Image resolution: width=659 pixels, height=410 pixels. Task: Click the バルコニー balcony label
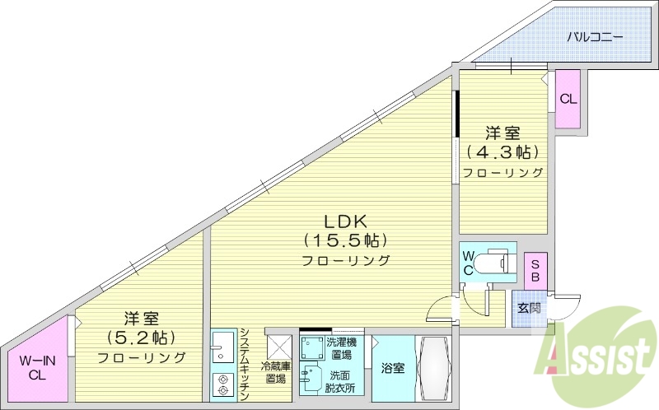click(595, 37)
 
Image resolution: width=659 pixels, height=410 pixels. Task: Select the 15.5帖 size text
click(344, 240)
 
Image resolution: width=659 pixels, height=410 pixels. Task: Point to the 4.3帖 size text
click(502, 152)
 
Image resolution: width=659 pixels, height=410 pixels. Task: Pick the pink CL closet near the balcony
click(568, 99)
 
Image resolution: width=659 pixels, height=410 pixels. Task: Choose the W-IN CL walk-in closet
click(37, 367)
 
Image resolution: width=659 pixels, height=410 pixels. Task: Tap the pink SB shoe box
click(535, 271)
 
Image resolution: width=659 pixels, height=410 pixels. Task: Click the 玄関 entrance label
click(529, 308)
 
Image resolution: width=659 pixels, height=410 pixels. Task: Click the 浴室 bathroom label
click(393, 368)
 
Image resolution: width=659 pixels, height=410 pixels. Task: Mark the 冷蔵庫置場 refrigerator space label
click(274, 372)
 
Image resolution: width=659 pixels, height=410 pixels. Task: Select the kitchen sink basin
click(221, 350)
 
